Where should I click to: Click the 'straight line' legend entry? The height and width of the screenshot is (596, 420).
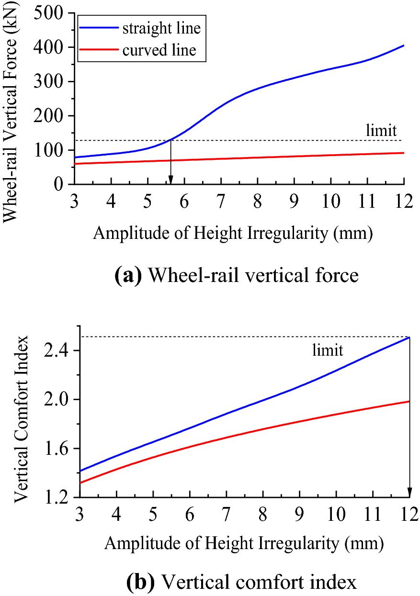tap(161, 28)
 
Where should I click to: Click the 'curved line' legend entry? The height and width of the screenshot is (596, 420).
tap(159, 50)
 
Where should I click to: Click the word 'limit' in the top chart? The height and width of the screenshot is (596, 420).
tap(381, 131)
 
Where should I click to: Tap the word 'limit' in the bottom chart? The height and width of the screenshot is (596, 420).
tap(328, 350)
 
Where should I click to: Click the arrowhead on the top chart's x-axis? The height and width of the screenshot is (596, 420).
tap(170, 180)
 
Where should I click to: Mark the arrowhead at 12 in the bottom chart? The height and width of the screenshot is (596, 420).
tap(409, 493)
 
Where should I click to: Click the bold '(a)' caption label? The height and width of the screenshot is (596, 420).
tap(128, 277)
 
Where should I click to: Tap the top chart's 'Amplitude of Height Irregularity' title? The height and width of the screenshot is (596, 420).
tap(233, 233)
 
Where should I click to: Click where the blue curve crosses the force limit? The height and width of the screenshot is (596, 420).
tap(170, 140)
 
